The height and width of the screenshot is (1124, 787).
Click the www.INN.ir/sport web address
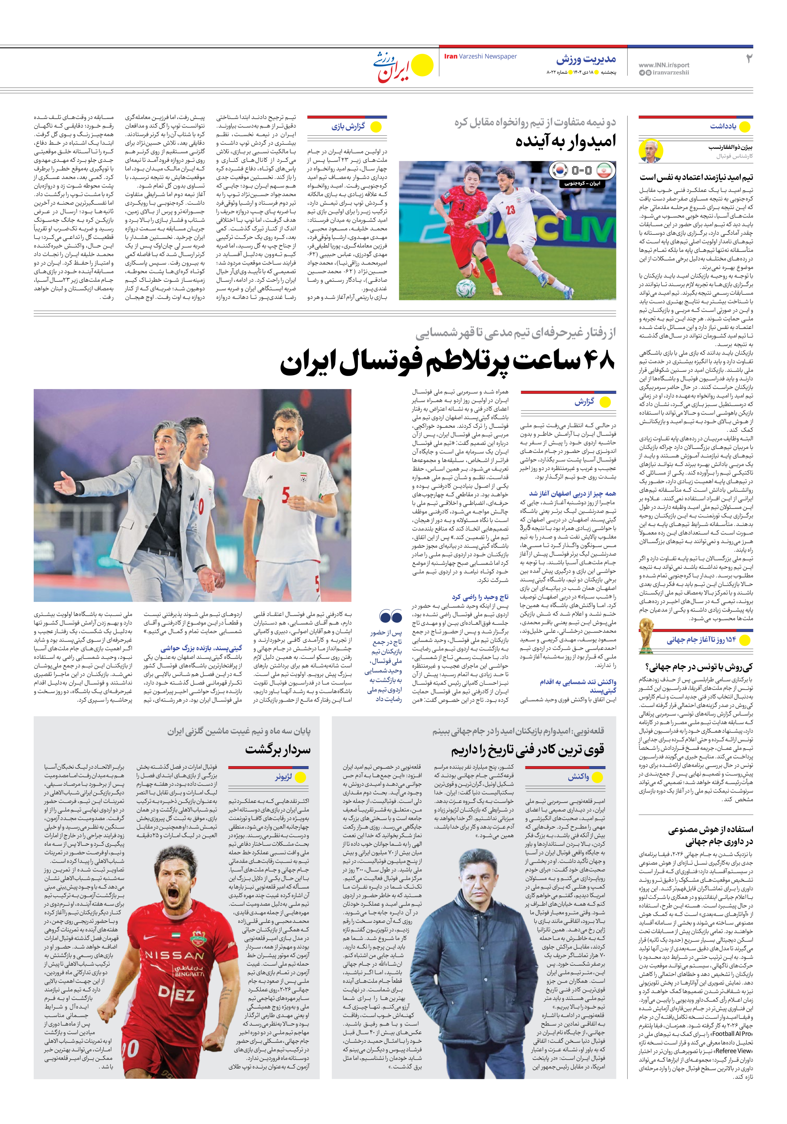pyautogui.click(x=664, y=65)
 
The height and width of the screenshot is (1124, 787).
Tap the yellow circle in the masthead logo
pyautogui.click(x=422, y=65)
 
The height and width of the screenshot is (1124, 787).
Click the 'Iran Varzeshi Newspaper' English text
pyautogui.click(x=480, y=56)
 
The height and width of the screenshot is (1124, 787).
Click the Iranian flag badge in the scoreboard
pyautogui.click(x=605, y=170)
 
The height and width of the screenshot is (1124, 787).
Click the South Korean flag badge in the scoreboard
pyautogui.click(x=559, y=170)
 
